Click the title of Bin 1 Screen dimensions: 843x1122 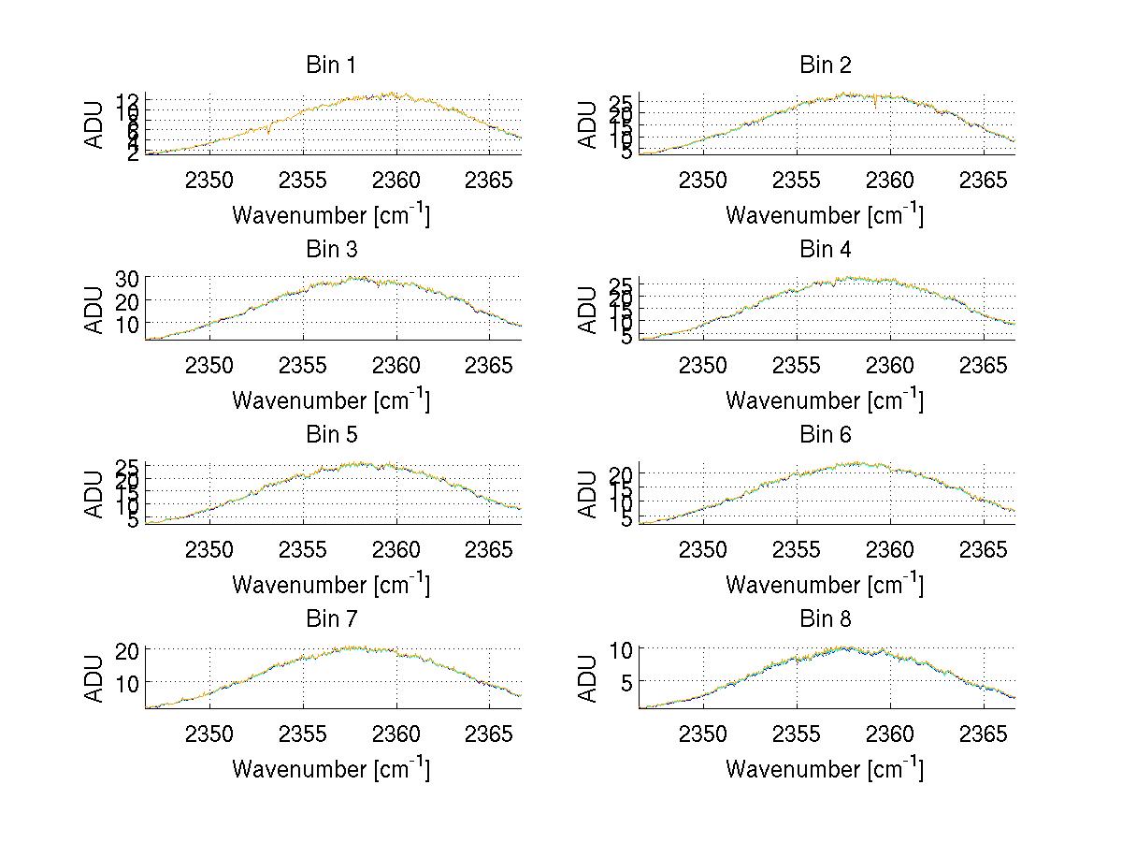coord(330,65)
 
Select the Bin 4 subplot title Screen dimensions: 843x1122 coord(824,250)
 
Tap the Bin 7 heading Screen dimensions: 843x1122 coord(330,619)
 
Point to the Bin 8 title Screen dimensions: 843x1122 coord(824,619)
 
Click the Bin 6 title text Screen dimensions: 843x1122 coord(824,435)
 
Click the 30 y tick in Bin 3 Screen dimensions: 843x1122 coord(127,278)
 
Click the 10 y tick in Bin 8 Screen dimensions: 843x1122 coord(625,648)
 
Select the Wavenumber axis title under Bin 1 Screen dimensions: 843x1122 coord(330,215)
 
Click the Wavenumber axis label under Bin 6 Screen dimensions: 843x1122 coord(824,585)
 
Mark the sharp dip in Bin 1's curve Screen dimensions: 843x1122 coord(268,132)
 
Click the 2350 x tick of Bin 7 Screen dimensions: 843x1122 coord(209,733)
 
